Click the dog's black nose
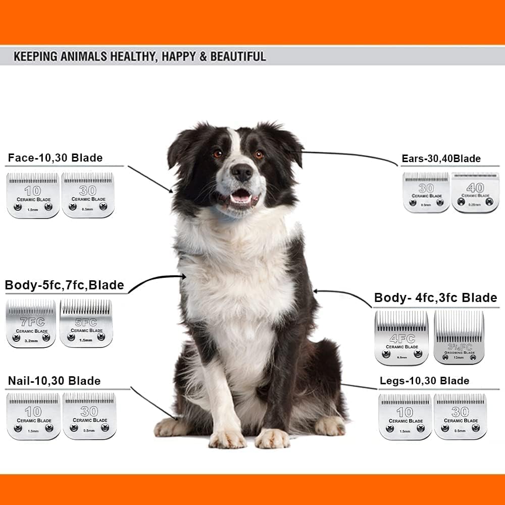tap(242, 173)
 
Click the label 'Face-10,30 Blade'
tap(55, 158)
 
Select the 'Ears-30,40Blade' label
tap(441, 159)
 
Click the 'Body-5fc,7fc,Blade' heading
tap(64, 285)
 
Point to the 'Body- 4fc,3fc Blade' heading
tap(435, 298)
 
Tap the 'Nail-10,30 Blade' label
tap(54, 381)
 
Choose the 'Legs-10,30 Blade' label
tap(424, 381)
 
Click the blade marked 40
tap(475, 192)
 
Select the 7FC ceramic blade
tap(31, 323)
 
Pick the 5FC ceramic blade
tap(86, 323)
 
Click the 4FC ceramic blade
tap(401, 337)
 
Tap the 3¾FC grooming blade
tap(459, 337)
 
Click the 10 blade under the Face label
tap(33, 195)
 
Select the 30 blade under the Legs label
tap(460, 416)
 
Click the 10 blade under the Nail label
tap(33, 416)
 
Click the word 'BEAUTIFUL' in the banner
tap(237, 56)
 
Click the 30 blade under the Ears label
tap(426, 192)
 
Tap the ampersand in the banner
tap(203, 56)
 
